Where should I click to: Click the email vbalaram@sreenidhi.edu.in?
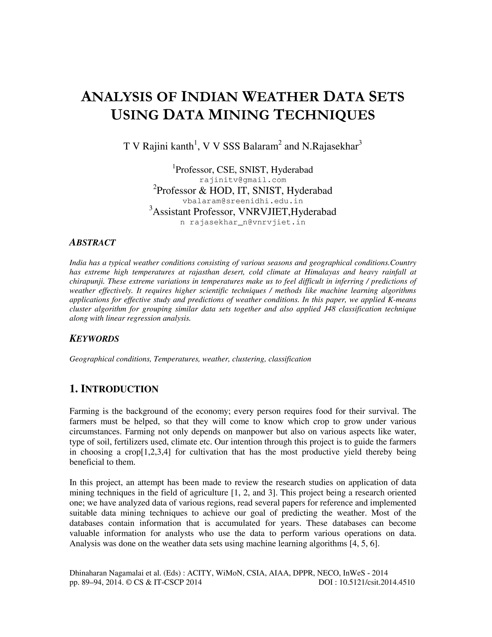[243, 201]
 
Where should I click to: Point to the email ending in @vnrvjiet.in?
[247, 222]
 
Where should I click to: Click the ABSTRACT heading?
[92, 242]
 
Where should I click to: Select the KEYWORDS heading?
[94, 339]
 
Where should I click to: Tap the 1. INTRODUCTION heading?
[114, 389]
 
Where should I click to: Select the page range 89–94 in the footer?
[92, 582]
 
